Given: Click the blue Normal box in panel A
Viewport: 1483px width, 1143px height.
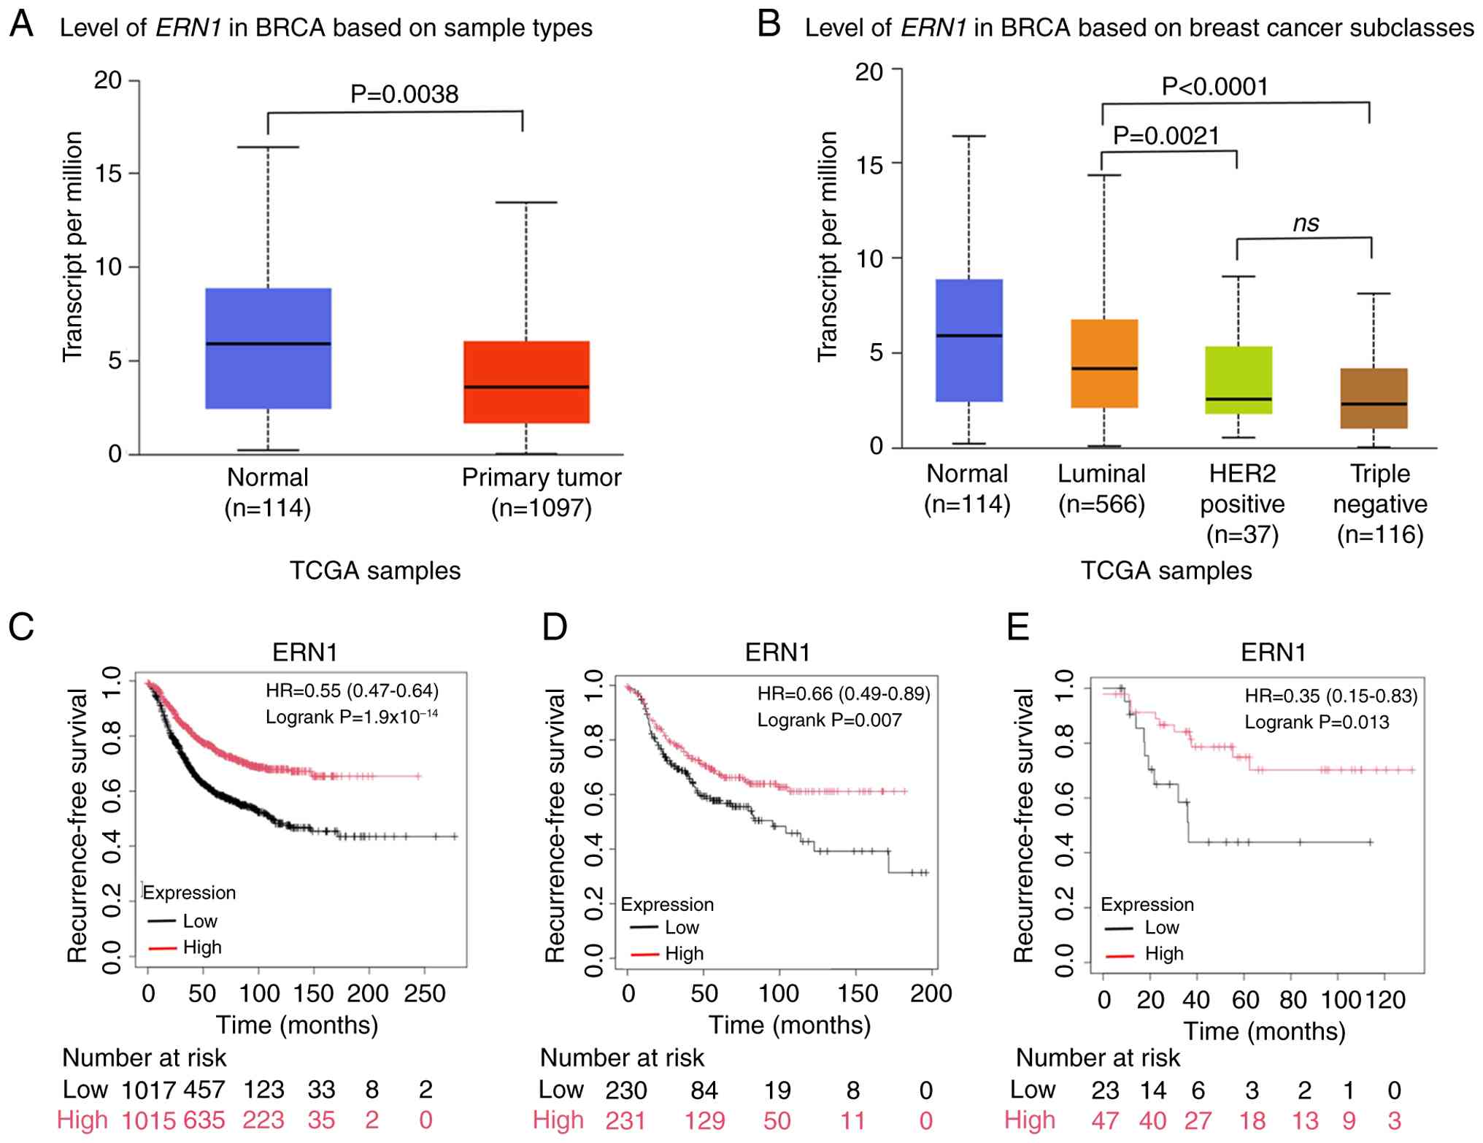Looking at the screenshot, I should [x=268, y=348].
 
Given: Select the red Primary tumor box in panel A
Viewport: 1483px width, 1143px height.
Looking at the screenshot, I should [x=526, y=382].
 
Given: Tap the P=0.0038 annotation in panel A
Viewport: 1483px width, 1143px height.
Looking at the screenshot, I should [x=404, y=94].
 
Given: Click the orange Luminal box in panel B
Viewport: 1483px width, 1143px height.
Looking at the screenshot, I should [x=1104, y=363].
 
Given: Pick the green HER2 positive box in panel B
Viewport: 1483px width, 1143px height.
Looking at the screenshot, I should [x=1239, y=380].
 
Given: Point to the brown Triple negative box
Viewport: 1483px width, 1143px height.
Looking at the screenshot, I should [x=1374, y=398].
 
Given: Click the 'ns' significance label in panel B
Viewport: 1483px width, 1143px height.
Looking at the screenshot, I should [x=1306, y=223].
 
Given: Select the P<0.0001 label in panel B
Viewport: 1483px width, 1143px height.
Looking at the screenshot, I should [x=1214, y=87].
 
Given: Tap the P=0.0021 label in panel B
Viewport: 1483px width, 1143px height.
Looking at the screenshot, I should [x=1166, y=136].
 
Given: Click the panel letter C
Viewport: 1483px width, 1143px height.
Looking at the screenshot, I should [x=21, y=626].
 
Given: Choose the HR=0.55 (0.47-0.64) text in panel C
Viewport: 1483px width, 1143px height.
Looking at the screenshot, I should [x=352, y=690].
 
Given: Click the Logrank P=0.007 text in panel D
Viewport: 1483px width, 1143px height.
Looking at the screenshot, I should [x=829, y=720].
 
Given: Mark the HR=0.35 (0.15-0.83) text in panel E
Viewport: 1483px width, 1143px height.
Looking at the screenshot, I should [x=1330, y=696].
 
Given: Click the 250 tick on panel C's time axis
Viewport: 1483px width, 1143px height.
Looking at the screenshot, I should [x=425, y=993].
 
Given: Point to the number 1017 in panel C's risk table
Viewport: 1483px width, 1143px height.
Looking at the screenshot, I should [x=148, y=1090].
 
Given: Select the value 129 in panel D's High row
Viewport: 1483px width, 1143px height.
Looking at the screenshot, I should [x=704, y=1120].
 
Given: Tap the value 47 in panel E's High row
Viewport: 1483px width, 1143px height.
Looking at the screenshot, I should [x=1105, y=1120].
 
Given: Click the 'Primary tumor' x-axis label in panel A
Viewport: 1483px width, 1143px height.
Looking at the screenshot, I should [x=542, y=477].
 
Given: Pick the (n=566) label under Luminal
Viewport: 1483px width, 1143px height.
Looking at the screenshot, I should [x=1101, y=504].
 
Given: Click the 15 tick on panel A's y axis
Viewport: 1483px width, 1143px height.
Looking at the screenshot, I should [x=108, y=174].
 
